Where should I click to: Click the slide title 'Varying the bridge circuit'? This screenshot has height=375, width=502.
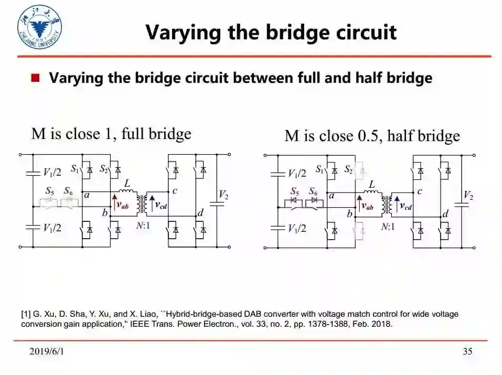coord(271,33)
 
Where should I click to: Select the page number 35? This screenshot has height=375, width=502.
coord(467,351)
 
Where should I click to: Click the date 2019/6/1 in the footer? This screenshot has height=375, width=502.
coord(47,351)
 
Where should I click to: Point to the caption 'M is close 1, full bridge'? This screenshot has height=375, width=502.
coord(111,134)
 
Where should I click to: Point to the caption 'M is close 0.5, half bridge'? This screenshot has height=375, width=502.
coord(372,136)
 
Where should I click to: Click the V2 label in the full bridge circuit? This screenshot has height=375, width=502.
coord(223,196)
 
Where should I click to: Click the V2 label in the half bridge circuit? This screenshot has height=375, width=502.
coord(468,196)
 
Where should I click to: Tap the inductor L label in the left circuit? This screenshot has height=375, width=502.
coord(126,183)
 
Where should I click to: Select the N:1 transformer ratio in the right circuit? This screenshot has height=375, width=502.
coord(388,227)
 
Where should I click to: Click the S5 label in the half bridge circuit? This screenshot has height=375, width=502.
coord(295,191)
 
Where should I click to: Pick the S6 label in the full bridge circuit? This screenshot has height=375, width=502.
coord(68,191)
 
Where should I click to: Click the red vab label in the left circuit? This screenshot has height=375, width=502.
coord(122,206)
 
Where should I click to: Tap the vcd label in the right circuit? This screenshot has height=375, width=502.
coord(405,206)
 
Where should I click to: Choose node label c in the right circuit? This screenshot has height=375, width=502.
coord(420,191)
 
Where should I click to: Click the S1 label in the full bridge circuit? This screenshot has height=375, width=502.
coord(75,169)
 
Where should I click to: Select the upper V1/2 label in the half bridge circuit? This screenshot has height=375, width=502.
coord(297,173)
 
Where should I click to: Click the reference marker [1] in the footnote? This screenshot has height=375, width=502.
coord(26,314)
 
